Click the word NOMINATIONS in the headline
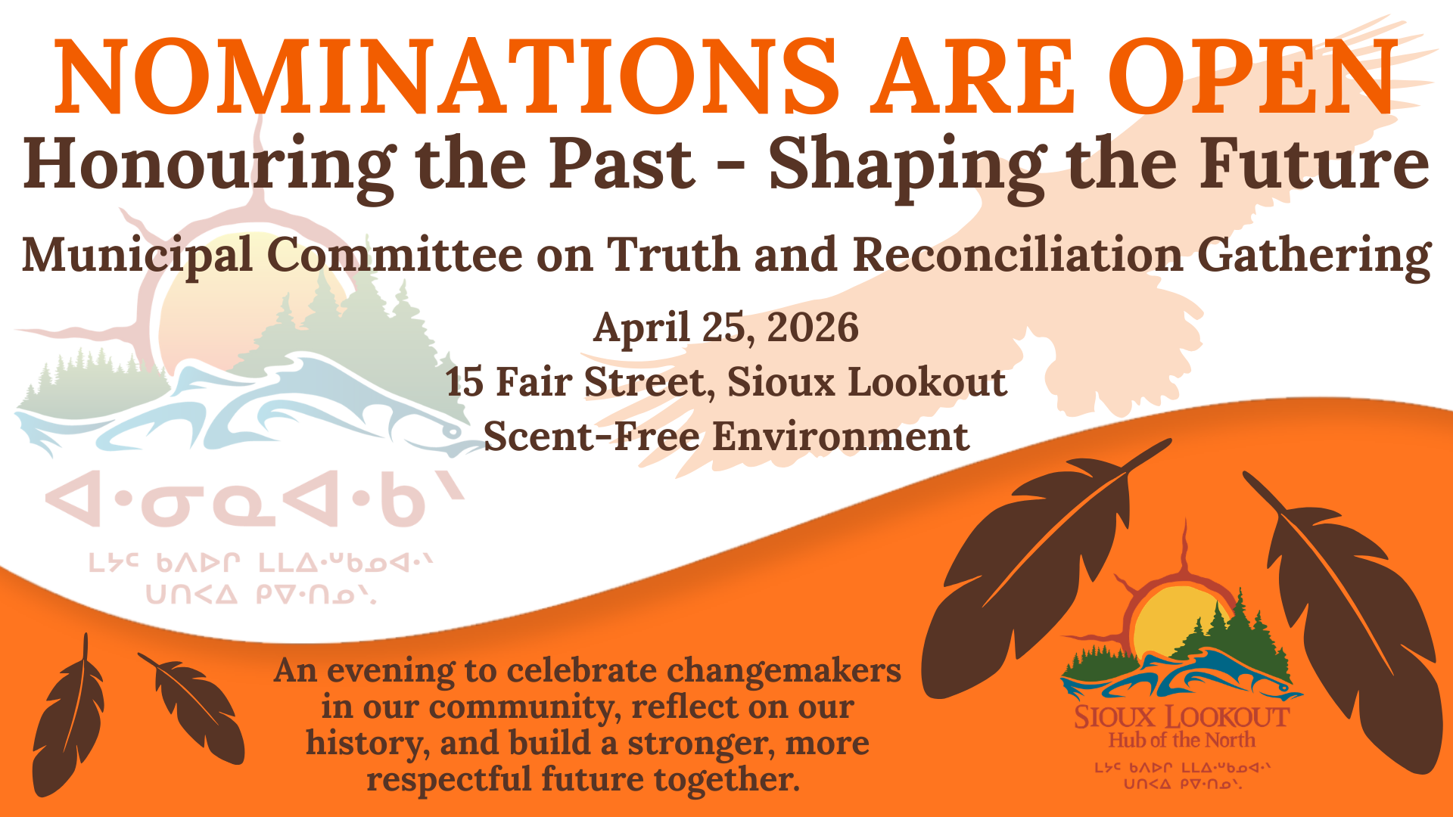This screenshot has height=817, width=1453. pos(446,78)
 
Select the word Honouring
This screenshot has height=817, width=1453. pos(209,165)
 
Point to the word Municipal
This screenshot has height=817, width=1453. pos(137,256)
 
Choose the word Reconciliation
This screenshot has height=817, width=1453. pos(1018,256)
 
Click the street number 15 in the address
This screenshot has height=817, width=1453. pos(464,382)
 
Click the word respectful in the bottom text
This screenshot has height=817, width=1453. pos(449,779)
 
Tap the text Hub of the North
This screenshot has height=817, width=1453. pos(1181,740)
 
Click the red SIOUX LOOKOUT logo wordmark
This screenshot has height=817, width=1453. pos(1181,717)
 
